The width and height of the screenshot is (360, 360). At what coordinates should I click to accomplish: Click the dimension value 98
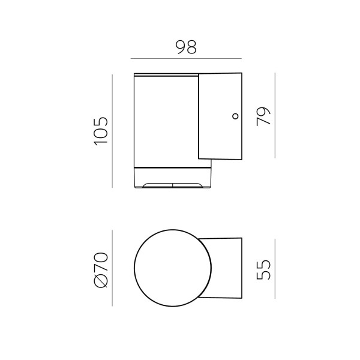tap(186, 47)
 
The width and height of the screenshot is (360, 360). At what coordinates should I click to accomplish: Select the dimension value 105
tap(101, 131)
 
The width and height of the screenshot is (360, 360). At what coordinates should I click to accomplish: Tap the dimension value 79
tap(263, 116)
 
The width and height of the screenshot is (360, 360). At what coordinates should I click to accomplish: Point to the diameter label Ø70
tap(101, 270)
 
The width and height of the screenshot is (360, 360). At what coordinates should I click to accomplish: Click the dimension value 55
tap(263, 269)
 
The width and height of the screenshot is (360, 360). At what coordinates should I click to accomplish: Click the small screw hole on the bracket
tap(235, 116)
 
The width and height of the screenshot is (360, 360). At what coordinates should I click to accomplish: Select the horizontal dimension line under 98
tap(186, 59)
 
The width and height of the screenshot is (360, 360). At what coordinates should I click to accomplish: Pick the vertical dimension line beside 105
tap(112, 131)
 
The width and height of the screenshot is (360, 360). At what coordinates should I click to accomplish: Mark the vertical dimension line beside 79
tap(275, 115)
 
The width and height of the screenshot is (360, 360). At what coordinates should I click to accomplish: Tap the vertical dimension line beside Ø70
tap(112, 268)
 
